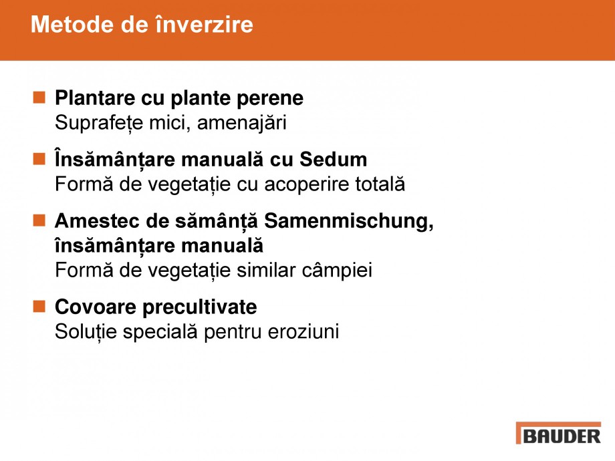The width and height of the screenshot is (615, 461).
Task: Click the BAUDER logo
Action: click(558, 434)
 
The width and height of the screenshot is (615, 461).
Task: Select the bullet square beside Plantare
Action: click(39, 98)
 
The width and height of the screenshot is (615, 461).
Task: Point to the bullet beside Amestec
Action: click(39, 220)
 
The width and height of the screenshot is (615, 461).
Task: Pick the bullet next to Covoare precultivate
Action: click(39, 306)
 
